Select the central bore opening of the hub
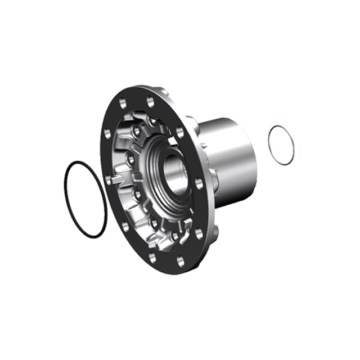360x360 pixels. click(173, 168)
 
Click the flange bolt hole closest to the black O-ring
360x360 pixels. click(109, 179)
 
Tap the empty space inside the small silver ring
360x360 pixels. click(281, 145)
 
